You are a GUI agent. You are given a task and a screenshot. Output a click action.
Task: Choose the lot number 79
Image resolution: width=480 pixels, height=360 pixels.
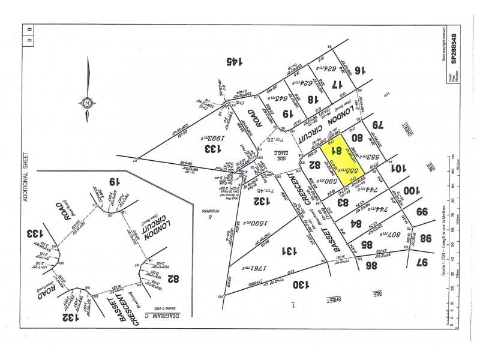377,126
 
